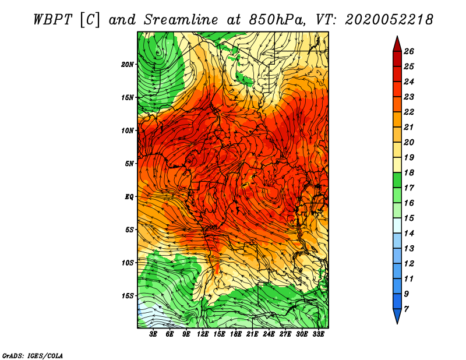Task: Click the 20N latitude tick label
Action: [128, 65]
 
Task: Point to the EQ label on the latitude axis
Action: [129, 197]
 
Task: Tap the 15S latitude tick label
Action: [128, 296]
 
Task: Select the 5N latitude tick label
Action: [129, 164]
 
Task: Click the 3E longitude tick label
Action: [153, 334]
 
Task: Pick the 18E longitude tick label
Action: [236, 334]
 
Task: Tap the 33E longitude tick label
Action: [318, 334]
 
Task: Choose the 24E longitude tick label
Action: [269, 334]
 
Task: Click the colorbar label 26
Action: [409, 51]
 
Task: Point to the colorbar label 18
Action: [409, 172]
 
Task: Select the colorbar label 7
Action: [406, 309]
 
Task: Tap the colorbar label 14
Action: [409, 234]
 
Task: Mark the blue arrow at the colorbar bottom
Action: [397, 315]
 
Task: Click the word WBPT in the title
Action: [52, 20]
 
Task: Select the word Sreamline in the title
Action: [181, 20]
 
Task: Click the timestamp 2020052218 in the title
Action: [389, 20]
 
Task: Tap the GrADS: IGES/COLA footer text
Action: [33, 356]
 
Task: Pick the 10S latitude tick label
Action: [128, 263]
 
